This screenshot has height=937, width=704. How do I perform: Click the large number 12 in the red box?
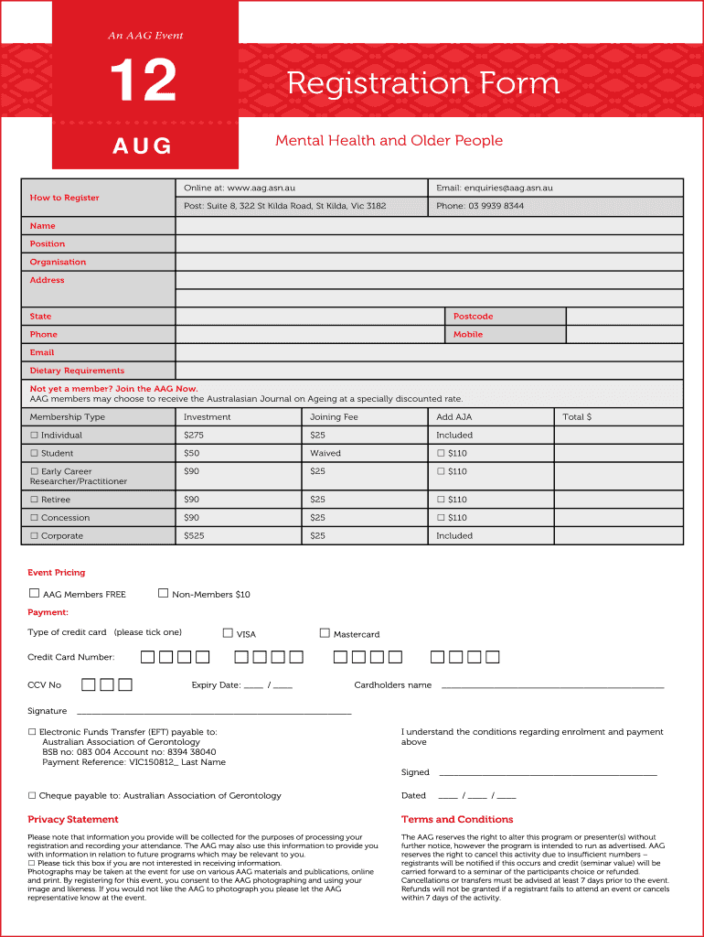point(143,81)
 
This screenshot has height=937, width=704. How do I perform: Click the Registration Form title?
point(422,83)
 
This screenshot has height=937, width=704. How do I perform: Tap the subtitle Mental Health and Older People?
point(389,141)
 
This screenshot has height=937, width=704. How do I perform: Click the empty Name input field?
point(429,226)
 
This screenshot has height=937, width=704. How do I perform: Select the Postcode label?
point(473,317)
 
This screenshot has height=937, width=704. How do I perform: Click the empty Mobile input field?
point(624,335)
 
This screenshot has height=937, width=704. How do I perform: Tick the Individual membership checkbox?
point(34,436)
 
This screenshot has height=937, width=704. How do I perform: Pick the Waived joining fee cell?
point(325,454)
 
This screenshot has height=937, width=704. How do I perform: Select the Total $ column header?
point(576,417)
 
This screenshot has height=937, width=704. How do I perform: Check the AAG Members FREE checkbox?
point(35,594)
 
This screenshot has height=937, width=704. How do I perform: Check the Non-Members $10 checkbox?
point(164,594)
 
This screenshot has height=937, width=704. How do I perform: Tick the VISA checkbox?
point(228,632)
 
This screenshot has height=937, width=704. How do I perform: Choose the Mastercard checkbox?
point(325,632)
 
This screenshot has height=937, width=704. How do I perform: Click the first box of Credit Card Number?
point(147,657)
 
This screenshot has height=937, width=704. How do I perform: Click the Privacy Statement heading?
point(73,820)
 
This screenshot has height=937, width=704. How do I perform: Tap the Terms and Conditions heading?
point(457,820)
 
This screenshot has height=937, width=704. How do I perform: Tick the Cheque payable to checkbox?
point(32,796)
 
